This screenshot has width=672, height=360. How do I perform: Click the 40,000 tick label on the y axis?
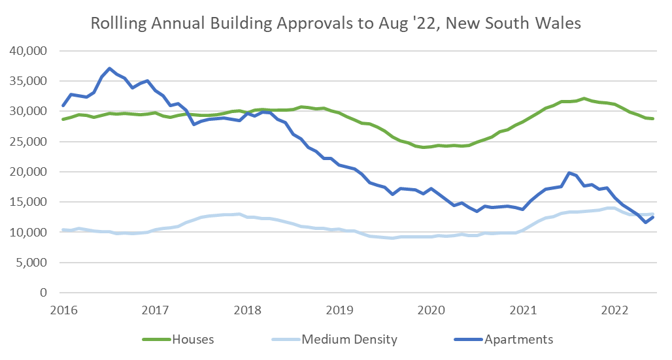31,51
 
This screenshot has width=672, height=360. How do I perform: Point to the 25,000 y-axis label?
31,142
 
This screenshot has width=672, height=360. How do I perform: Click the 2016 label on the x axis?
63,310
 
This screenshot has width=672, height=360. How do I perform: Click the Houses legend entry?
193,340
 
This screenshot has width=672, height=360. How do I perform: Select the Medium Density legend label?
349,340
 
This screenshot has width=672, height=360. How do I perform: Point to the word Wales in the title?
560,24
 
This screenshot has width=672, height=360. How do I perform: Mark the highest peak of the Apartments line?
109,68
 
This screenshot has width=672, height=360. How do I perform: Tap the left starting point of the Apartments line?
63,105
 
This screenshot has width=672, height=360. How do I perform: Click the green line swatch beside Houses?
156,340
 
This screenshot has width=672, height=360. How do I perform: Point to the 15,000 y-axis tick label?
31,203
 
